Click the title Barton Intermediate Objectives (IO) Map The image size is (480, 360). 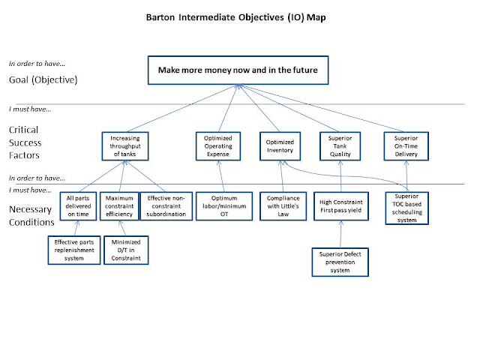point(235,17)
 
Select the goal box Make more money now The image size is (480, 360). point(238,70)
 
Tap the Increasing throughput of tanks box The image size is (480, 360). point(125,146)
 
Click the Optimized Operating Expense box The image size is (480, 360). point(218,146)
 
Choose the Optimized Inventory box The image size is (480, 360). point(280,146)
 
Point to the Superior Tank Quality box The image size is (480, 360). point(340,146)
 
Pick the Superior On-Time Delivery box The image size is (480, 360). point(406,146)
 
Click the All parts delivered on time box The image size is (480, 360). point(78,206)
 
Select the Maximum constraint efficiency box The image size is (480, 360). point(119,206)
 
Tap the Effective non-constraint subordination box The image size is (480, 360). point(166,206)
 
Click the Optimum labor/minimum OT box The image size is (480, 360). point(224,206)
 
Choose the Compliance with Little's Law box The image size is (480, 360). point(283,206)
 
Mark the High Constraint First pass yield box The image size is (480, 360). point(341,206)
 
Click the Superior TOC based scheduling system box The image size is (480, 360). point(406,208)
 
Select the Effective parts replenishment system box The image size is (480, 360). point(74,250)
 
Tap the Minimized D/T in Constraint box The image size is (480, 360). point(126,250)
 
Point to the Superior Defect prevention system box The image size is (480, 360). point(340,262)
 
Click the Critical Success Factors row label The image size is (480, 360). point(25,142)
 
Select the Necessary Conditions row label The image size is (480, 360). point(31,215)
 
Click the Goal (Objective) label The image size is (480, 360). point(43,80)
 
